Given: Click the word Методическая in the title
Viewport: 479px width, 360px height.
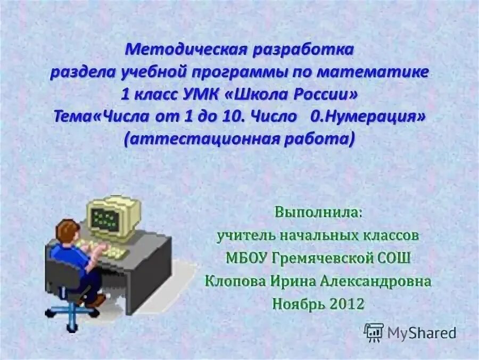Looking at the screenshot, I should pos(183,51).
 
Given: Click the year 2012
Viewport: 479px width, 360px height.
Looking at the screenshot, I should pos(346,304).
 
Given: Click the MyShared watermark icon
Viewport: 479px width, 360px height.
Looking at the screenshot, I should pos(374,332).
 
